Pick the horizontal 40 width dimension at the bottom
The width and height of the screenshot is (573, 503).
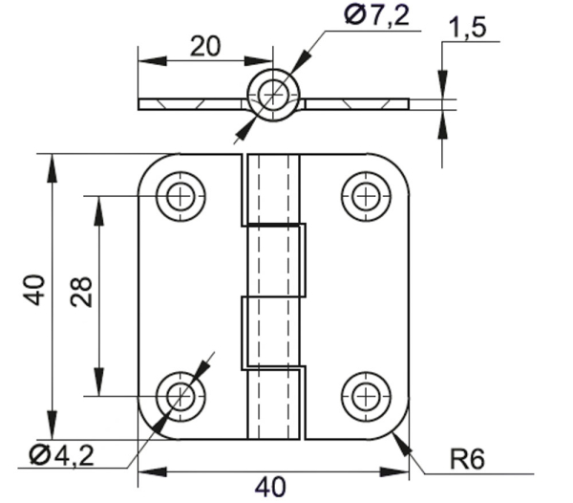point(270,486)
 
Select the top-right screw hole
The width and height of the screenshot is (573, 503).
point(365,196)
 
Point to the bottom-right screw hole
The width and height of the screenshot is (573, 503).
point(365,395)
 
